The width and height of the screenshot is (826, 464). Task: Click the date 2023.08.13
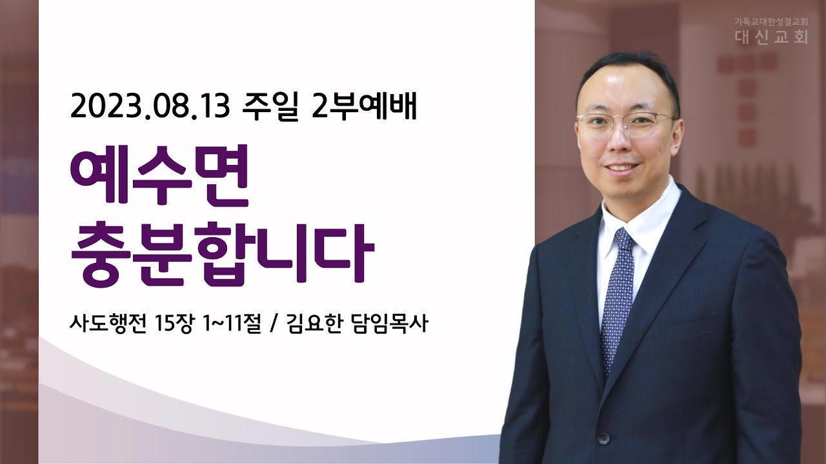(x=150, y=106)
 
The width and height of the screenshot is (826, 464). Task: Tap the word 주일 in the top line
(x=270, y=107)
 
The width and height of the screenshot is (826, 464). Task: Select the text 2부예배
(x=363, y=106)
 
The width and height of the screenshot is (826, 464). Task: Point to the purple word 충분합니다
(x=222, y=253)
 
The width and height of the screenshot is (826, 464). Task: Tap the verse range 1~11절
(x=232, y=324)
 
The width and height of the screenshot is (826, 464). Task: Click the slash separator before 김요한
(x=273, y=324)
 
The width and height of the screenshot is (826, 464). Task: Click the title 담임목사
(x=389, y=324)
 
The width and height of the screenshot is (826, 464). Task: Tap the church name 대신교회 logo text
(x=771, y=37)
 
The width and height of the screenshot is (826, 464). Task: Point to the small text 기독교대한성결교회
(x=770, y=22)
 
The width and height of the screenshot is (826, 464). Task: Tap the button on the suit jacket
(x=603, y=438)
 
